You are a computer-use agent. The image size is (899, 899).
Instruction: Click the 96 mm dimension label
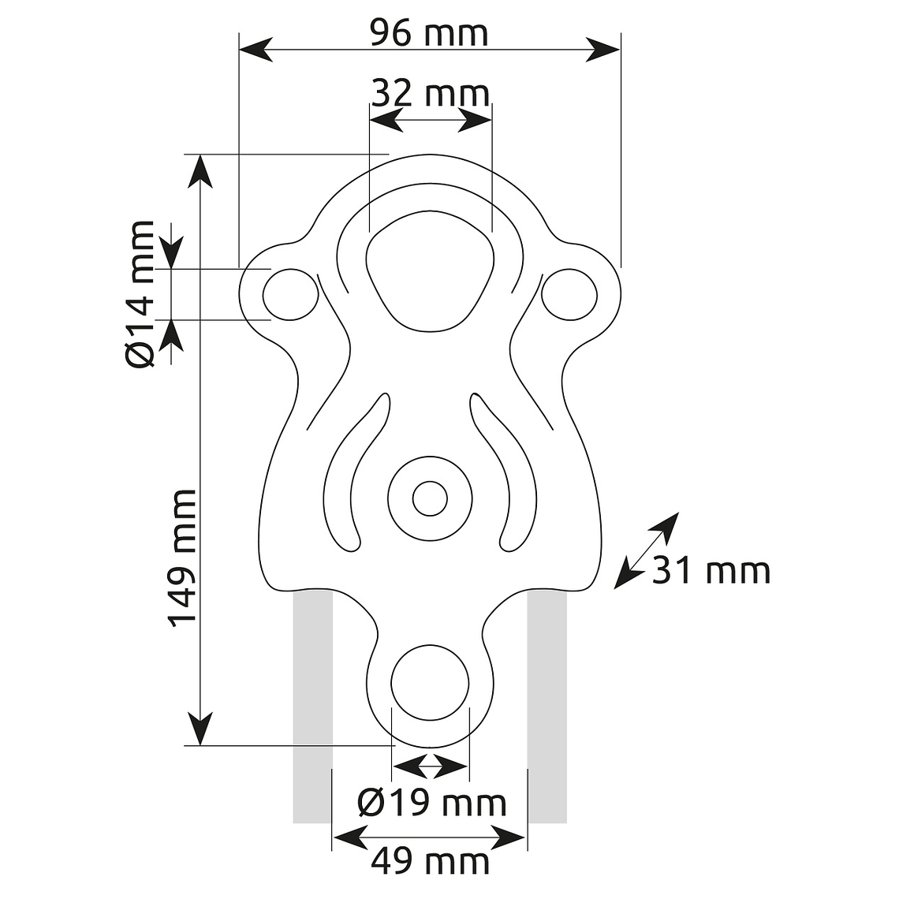coord(429,32)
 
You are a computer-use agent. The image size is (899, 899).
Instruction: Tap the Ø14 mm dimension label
coord(140,293)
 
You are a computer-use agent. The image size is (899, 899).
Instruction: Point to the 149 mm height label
coord(181,558)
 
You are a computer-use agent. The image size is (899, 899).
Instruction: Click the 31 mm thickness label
coord(711,570)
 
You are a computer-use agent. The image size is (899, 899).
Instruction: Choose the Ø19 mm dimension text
coord(431,802)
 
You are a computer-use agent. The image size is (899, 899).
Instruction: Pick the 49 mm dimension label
coord(430,861)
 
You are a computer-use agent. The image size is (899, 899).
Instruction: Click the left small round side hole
coord(291,295)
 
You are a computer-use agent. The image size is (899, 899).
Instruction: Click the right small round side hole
coord(569,295)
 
